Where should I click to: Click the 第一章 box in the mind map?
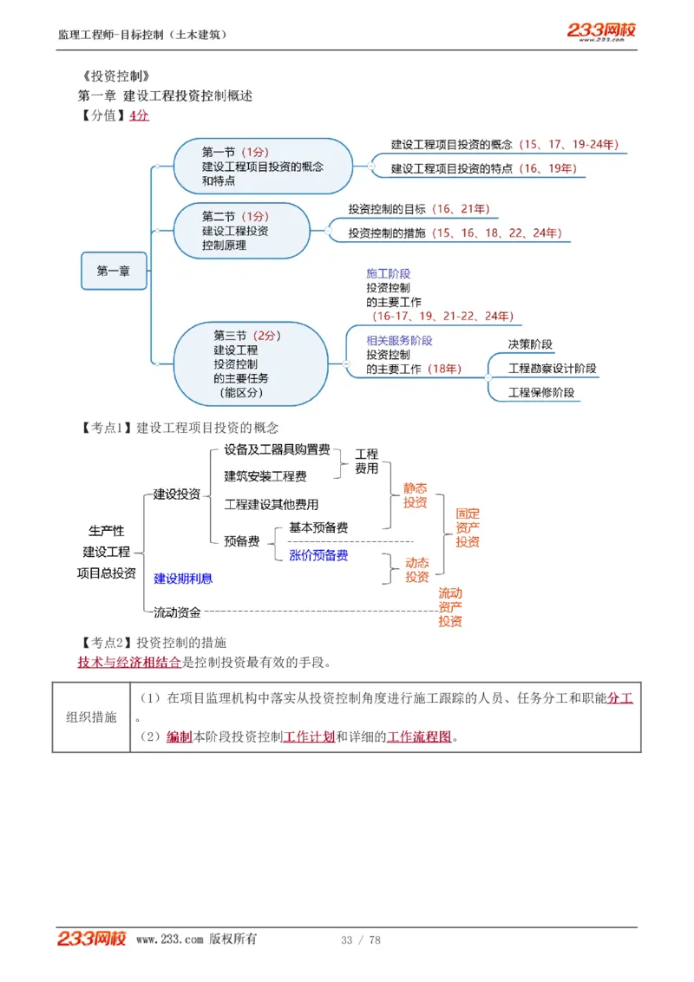click(x=114, y=271)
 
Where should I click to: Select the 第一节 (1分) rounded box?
click(x=263, y=166)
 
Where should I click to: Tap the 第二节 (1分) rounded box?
click(x=241, y=231)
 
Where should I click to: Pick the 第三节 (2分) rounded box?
click(x=250, y=363)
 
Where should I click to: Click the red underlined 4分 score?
click(x=139, y=115)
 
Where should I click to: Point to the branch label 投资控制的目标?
click(x=387, y=209)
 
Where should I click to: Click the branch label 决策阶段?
click(x=530, y=344)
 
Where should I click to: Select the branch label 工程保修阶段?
click(x=541, y=392)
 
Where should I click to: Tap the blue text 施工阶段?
click(x=388, y=273)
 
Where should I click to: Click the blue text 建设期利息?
click(x=183, y=578)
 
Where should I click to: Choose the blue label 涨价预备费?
click(x=318, y=555)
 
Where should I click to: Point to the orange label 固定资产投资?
click(x=468, y=527)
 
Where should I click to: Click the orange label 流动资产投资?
click(x=450, y=607)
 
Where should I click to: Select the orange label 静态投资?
click(x=416, y=495)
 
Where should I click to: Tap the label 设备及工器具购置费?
click(x=277, y=449)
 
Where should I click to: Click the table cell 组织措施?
click(x=91, y=717)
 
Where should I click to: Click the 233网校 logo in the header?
click(x=601, y=31)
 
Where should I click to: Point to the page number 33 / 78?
click(x=361, y=939)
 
